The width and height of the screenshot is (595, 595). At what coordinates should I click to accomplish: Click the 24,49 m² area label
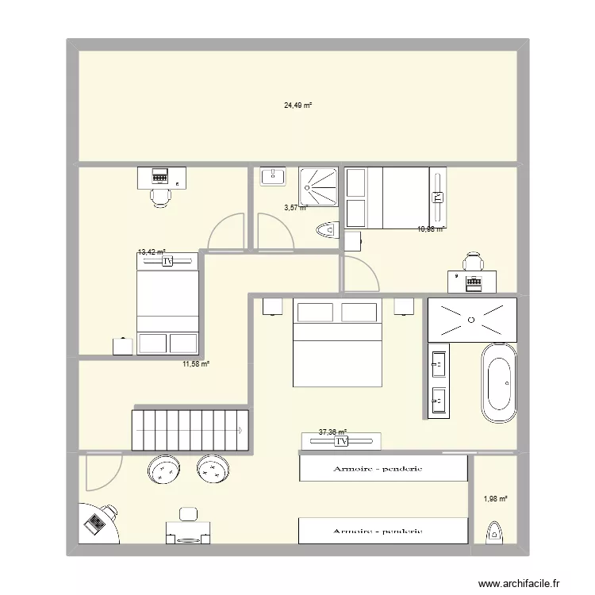click(297, 104)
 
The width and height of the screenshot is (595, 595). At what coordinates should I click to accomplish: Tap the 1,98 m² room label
click(495, 499)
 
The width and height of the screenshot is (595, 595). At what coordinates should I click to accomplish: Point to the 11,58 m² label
click(196, 364)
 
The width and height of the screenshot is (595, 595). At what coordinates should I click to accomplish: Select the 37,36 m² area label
click(332, 432)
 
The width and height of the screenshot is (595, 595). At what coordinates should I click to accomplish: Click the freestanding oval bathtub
click(499, 383)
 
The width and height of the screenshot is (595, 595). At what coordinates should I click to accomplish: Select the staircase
click(190, 430)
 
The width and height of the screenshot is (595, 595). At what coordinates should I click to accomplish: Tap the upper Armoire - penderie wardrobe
click(382, 468)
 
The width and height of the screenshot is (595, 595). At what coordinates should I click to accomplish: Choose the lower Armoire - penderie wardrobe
click(382, 531)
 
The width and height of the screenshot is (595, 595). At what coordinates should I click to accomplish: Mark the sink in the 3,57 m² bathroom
click(272, 177)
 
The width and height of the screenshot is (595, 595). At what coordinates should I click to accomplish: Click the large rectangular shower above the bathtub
click(472, 320)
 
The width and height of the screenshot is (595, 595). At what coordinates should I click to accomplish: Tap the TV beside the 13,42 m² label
click(167, 260)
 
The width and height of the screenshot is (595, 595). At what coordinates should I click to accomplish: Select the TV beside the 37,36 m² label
click(341, 441)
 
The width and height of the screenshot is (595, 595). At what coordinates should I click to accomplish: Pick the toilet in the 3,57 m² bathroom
click(326, 230)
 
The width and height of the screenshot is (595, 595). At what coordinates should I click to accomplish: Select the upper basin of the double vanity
click(438, 364)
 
